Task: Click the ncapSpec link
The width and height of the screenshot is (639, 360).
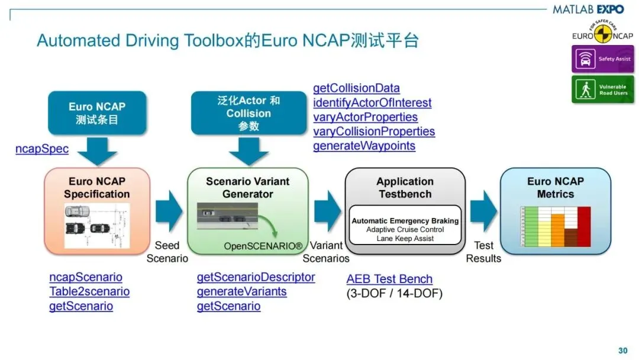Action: point(42,149)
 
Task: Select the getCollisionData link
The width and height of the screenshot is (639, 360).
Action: point(356,88)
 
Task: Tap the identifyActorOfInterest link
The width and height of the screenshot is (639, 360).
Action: point(372,102)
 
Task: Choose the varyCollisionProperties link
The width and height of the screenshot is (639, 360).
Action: point(374,131)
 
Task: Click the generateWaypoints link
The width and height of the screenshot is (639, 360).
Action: point(364,146)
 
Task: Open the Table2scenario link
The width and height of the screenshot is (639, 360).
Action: point(89,291)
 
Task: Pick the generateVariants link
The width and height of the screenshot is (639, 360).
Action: point(241,291)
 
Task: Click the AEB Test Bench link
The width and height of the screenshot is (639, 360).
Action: point(389,279)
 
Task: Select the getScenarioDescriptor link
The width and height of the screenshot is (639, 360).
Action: point(256,277)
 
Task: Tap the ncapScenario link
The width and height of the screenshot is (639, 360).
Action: point(86,277)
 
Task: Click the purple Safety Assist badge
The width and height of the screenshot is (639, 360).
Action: point(602,59)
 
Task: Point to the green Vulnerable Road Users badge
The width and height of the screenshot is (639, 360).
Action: point(602,89)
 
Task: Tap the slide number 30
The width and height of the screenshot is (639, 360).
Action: point(622,351)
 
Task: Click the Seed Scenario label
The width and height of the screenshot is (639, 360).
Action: point(167,252)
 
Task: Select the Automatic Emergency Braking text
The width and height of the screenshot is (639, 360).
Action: point(405,221)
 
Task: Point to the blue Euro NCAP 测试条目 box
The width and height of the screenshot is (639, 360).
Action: point(97,112)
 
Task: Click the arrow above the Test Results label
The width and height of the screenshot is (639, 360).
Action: point(483,211)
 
